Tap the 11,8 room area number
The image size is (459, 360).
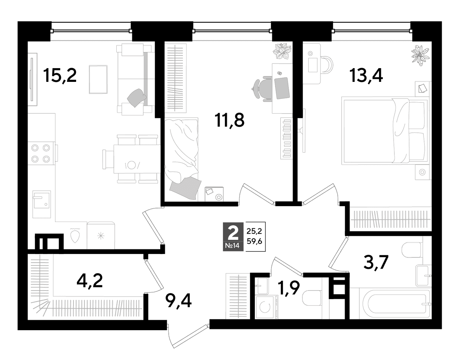tap(229, 120)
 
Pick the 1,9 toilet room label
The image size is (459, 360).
tap(289, 288)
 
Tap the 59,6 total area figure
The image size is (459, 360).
tap(254, 241)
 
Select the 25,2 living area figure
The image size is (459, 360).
tap(254, 231)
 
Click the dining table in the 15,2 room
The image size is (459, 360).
tap(137, 159)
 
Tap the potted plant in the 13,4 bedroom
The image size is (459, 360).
tap(420, 55)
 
